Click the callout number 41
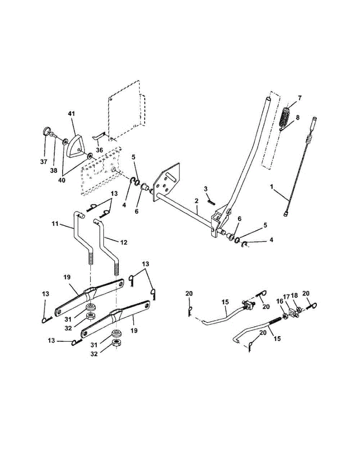click(x=71, y=114)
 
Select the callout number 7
click(x=300, y=98)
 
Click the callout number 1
click(x=272, y=187)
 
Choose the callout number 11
click(x=55, y=225)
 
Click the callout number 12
click(x=123, y=242)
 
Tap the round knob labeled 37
click(x=46, y=130)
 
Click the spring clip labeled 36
click(x=100, y=137)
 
